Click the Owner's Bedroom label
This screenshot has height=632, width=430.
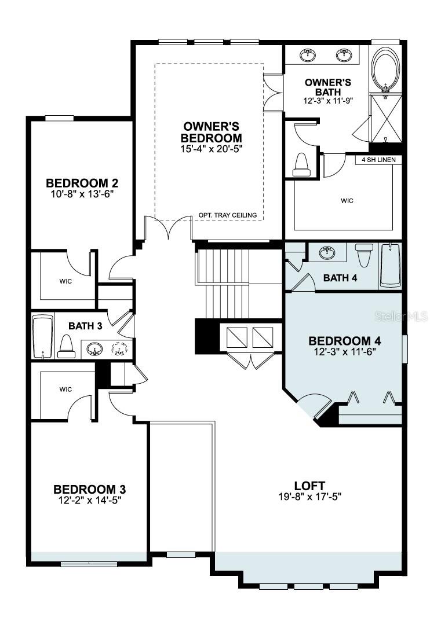212,133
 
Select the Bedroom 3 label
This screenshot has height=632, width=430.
90,488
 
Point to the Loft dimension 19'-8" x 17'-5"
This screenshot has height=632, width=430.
309,496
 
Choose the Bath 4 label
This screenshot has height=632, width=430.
340,278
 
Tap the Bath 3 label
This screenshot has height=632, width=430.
85,326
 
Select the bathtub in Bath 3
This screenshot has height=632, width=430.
42,337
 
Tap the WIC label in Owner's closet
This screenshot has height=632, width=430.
347,201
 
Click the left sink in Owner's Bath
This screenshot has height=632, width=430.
308,56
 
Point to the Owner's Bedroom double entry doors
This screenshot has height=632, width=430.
169,229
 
